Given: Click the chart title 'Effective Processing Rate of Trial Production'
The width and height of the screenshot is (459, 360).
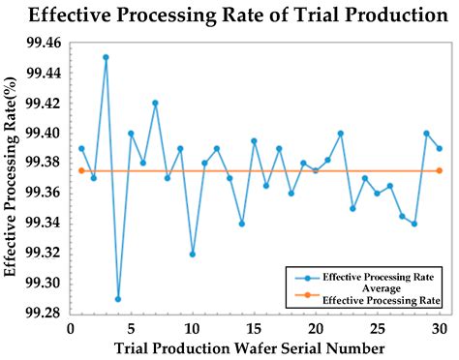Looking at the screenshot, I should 229,15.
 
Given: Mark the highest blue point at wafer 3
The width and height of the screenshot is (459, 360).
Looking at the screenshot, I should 106,57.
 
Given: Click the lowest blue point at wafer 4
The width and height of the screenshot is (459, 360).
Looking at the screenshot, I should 118,298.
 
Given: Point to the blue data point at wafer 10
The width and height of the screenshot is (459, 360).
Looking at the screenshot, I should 193,254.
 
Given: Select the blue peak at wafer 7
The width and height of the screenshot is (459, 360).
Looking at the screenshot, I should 155,103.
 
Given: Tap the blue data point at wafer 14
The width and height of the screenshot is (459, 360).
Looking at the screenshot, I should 242,224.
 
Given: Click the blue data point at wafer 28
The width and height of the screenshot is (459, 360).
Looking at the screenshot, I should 414,224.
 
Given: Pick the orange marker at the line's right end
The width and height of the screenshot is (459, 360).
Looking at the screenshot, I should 439,170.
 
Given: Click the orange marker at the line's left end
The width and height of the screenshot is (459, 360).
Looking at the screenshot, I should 81,170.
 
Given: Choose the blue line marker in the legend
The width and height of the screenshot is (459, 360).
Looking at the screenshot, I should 302,276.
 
